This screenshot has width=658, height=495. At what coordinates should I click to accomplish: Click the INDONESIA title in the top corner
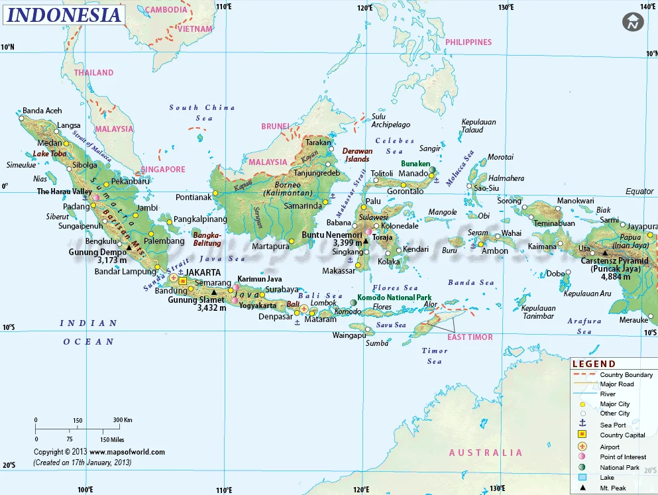[x=64, y=15]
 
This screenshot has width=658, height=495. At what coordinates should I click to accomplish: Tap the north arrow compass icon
[x=633, y=22]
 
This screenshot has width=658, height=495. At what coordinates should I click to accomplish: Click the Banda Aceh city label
[x=42, y=111]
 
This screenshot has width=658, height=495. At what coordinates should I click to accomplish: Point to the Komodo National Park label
[x=395, y=298]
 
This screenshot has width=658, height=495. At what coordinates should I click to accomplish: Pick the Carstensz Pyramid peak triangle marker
[x=604, y=252]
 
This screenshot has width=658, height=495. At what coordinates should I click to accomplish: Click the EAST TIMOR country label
[x=470, y=337]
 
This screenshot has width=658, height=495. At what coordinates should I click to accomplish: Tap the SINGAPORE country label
[x=162, y=169]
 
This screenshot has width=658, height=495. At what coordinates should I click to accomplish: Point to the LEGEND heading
[x=594, y=364]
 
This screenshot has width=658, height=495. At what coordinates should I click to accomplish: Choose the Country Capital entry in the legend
[x=622, y=435]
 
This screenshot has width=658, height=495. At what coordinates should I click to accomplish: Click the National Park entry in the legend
[x=620, y=467]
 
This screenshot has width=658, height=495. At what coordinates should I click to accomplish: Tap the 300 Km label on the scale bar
[x=123, y=419]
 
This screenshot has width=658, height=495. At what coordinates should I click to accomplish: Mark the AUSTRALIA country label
[x=486, y=453]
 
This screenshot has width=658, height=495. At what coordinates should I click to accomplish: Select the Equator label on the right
[x=639, y=192]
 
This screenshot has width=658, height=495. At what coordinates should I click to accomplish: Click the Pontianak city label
[x=193, y=197]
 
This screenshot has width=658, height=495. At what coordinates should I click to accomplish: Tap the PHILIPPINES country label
[x=468, y=42]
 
